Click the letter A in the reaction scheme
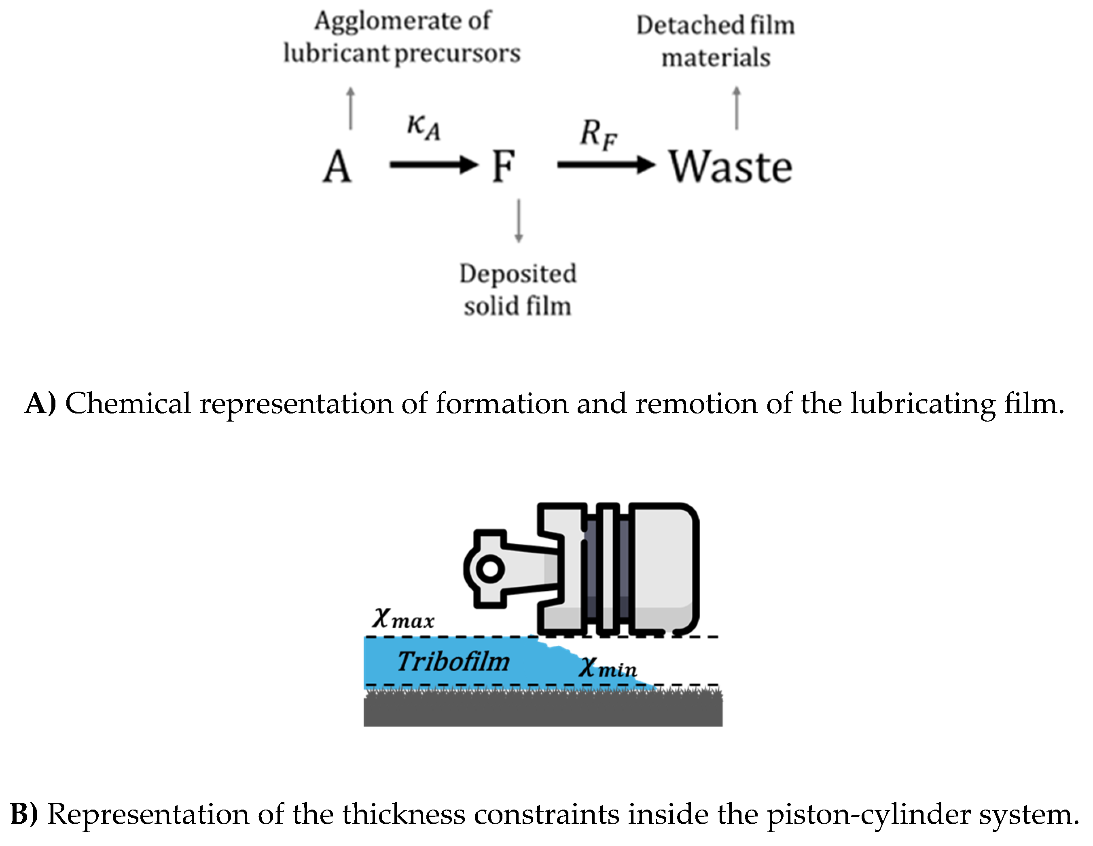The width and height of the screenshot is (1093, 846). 337,167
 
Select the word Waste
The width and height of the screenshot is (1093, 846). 731,167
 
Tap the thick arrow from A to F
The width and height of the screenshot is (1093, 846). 433,164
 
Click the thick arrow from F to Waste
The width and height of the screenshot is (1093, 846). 606,164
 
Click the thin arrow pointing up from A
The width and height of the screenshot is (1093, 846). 351,108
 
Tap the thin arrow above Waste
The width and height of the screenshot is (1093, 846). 736,108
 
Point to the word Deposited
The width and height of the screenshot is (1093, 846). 518,274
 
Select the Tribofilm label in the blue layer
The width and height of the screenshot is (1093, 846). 453,662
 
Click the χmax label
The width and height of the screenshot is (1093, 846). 403,619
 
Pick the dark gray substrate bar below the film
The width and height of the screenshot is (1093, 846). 542,711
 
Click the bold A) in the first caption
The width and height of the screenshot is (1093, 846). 40,403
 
